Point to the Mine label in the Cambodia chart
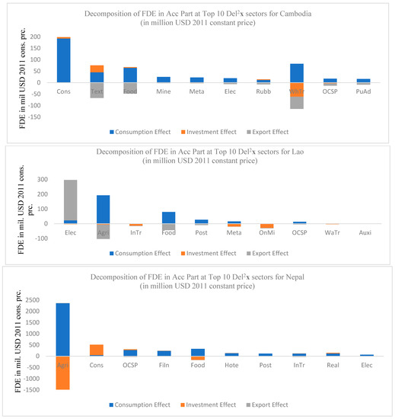coord(163,90)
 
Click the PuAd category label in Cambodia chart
coord(363,90)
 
